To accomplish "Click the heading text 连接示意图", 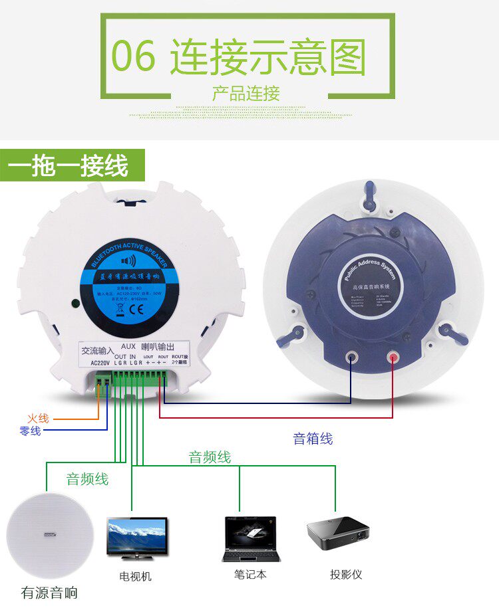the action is pyautogui.click(x=267, y=56).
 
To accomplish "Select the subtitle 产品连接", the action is pyautogui.click(x=246, y=94).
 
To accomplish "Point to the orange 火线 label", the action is pyautogui.click(x=38, y=419).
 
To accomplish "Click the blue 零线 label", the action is pyautogui.click(x=30, y=431).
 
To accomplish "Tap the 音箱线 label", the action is pyautogui.click(x=313, y=439).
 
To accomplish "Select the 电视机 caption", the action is pyautogui.click(x=135, y=576).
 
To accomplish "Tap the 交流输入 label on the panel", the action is pyautogui.click(x=98, y=350).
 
